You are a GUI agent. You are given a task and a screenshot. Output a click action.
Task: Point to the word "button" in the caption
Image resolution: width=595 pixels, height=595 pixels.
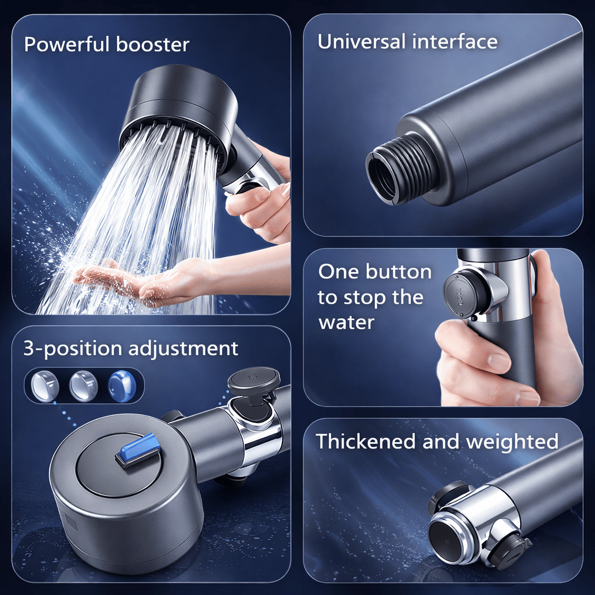[400, 272]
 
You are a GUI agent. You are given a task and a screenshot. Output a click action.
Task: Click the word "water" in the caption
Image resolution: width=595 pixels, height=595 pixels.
[346, 322]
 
